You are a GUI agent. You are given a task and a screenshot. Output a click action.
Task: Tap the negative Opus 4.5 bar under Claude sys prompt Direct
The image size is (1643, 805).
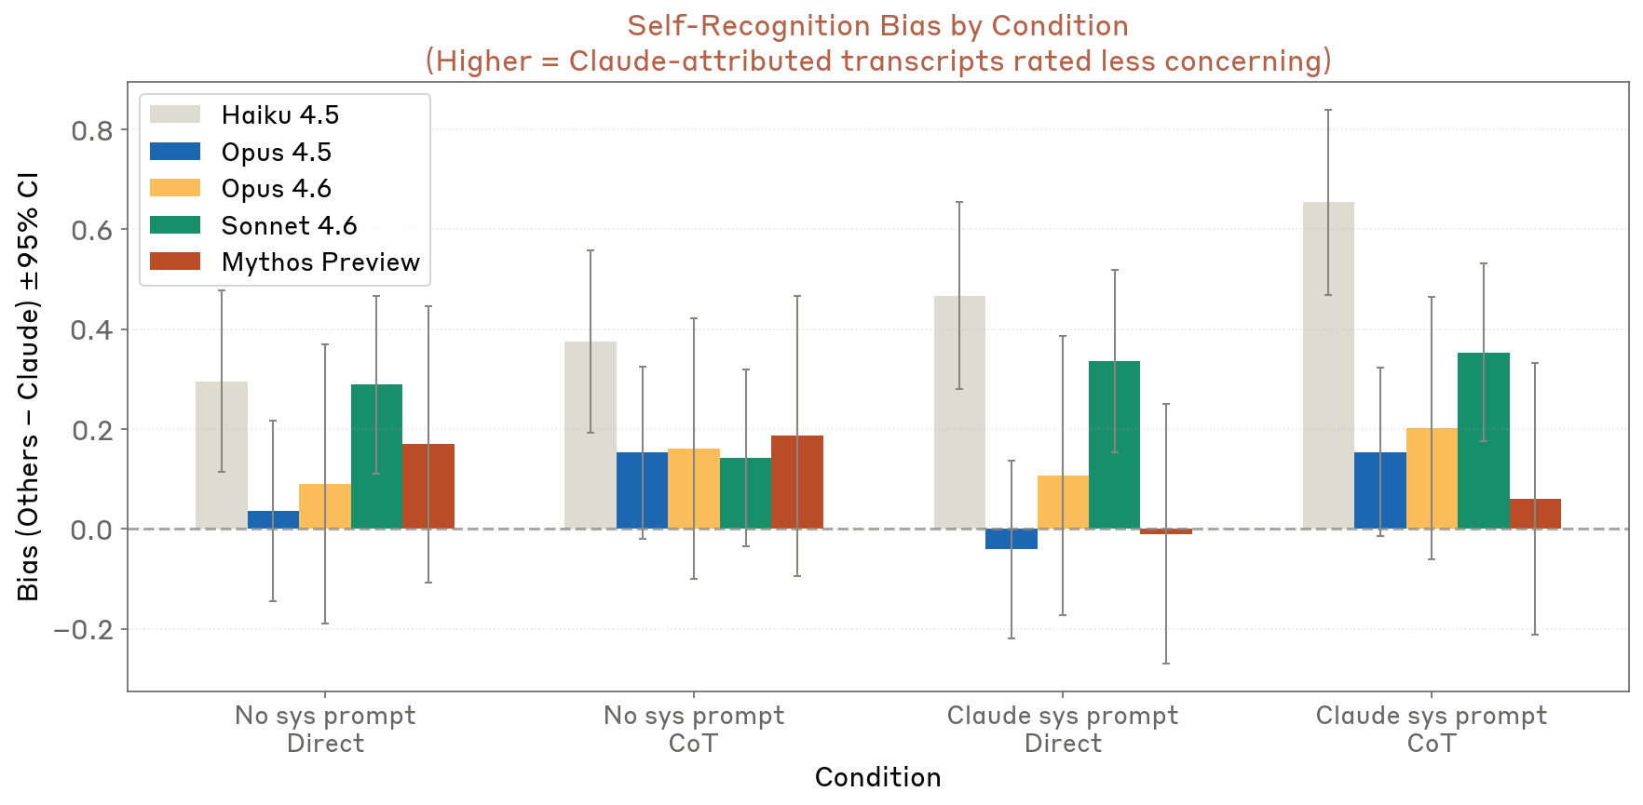pyautogui.click(x=1012, y=539)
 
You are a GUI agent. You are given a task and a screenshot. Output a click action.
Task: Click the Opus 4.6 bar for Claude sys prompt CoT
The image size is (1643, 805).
pyautogui.click(x=1432, y=478)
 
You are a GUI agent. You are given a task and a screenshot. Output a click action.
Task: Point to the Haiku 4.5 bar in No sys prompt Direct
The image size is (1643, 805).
pyautogui.click(x=222, y=455)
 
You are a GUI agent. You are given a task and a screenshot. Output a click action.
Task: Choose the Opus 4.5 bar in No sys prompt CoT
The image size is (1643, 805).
pyautogui.click(x=642, y=490)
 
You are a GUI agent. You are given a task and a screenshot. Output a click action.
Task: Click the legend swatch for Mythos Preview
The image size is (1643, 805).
pyautogui.click(x=175, y=262)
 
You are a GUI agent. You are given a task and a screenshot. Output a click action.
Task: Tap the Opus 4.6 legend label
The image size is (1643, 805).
pyautogui.click(x=276, y=188)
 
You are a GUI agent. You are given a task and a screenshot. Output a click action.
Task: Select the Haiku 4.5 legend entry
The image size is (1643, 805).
pyautogui.click(x=279, y=114)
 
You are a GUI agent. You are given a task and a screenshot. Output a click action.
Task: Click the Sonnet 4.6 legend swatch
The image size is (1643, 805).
pyautogui.click(x=175, y=225)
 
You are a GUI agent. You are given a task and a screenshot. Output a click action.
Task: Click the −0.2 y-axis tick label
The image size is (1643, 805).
pyautogui.click(x=83, y=630)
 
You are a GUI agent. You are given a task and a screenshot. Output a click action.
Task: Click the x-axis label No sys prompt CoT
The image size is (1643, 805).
pyautogui.click(x=693, y=729)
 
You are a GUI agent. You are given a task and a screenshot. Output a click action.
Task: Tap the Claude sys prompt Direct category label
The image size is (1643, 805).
pyautogui.click(x=1062, y=729)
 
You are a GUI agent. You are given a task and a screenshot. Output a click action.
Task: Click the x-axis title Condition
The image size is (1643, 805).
pyautogui.click(x=877, y=777)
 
